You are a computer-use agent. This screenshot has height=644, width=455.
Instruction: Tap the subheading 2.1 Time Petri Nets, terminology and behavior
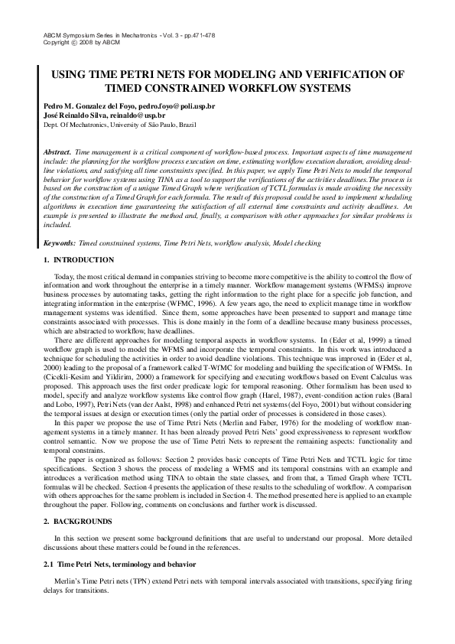tap(119, 563)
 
